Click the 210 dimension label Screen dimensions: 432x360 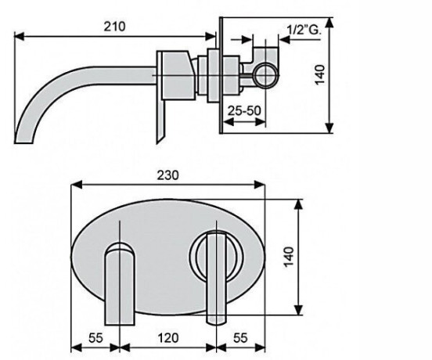click(x=114, y=27)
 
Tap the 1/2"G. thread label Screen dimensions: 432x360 click(x=304, y=30)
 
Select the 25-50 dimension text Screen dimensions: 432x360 click(x=244, y=110)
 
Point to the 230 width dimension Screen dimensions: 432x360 click(x=167, y=175)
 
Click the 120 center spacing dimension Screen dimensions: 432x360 click(x=168, y=337)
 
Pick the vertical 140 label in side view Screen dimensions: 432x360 click(x=319, y=75)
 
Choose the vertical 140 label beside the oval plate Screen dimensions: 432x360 click(x=289, y=257)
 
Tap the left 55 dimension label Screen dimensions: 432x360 click(x=95, y=337)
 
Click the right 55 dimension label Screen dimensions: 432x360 click(x=240, y=337)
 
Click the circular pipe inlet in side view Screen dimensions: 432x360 click(x=266, y=75)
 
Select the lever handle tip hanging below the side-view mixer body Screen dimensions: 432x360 click(x=159, y=139)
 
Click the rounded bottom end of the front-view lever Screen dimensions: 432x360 click(x=217, y=321)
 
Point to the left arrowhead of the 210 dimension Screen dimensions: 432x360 click(x=20, y=36)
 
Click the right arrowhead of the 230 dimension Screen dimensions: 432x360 click(x=259, y=185)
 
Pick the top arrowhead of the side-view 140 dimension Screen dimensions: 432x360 click(x=329, y=23)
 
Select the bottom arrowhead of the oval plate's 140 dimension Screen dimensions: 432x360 click(x=299, y=310)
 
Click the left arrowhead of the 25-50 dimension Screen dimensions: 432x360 click(x=228, y=122)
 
